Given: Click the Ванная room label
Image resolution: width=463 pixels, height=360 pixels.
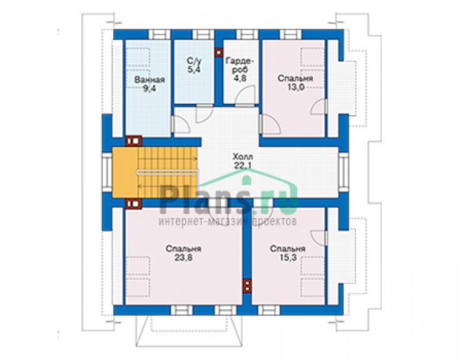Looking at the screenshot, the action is [x=150, y=80].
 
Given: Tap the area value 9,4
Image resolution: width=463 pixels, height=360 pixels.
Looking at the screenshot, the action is [x=149, y=88].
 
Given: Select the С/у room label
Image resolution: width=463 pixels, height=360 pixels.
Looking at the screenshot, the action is [x=194, y=61].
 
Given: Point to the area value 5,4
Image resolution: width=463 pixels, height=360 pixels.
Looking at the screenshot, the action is [x=194, y=69].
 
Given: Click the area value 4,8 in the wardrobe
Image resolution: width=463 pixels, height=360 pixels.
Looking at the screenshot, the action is [x=240, y=78].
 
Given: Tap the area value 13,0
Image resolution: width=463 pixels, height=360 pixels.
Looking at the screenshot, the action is [x=295, y=87].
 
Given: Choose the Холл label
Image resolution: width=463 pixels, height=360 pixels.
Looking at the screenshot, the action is [x=243, y=157].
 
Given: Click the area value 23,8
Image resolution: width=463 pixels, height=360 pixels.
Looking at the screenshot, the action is [x=183, y=257].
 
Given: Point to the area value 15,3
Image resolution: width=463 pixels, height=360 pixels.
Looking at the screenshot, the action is [x=288, y=257].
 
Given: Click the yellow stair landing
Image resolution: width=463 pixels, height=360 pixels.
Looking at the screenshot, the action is [x=125, y=172].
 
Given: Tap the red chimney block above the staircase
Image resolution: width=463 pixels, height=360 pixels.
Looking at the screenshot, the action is [x=133, y=141].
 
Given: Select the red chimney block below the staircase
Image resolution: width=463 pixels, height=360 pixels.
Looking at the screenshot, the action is [x=133, y=203].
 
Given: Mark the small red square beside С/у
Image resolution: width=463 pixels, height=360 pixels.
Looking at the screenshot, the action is [x=219, y=53].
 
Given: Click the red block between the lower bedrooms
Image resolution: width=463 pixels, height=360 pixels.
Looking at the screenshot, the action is [x=247, y=286].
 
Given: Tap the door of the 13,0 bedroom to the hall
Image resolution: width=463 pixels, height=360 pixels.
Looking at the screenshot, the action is [x=269, y=125].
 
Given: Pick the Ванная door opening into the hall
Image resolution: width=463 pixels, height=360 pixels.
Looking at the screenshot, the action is [x=181, y=124].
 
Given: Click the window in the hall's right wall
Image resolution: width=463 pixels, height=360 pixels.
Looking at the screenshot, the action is [x=343, y=172].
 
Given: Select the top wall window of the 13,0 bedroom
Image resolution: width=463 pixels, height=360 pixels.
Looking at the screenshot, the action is [x=290, y=34].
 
